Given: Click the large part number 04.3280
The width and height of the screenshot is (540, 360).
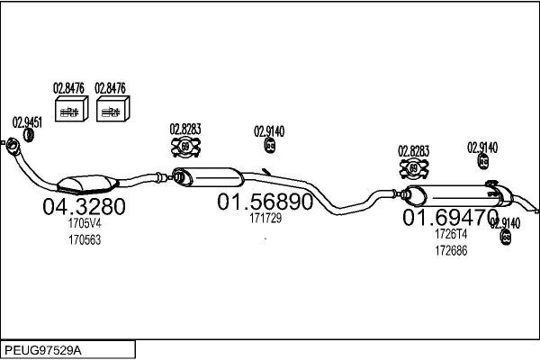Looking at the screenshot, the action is click(85, 207).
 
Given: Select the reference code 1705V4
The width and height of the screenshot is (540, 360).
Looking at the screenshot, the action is click(85, 225).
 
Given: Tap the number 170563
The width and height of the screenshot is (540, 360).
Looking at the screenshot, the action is click(85, 240).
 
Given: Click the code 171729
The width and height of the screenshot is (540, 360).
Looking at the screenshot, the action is click(265, 219).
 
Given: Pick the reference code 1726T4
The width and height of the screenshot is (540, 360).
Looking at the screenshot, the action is click(451, 234).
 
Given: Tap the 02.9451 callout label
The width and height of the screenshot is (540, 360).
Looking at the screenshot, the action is click(28, 121).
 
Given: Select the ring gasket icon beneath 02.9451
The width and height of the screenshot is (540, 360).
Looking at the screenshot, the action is click(28, 136).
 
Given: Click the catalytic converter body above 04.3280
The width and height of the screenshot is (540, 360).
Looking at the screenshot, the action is click(82, 183).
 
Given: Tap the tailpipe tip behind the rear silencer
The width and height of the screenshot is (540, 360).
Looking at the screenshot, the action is click(535, 211).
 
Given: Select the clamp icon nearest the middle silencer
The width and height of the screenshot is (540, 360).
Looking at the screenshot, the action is click(184, 147).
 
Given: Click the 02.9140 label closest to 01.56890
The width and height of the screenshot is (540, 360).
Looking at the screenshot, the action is click(269, 130).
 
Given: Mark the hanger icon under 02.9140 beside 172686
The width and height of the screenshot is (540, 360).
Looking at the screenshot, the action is click(505, 237).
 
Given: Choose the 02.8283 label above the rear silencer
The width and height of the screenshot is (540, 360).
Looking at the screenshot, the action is click(414, 151).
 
